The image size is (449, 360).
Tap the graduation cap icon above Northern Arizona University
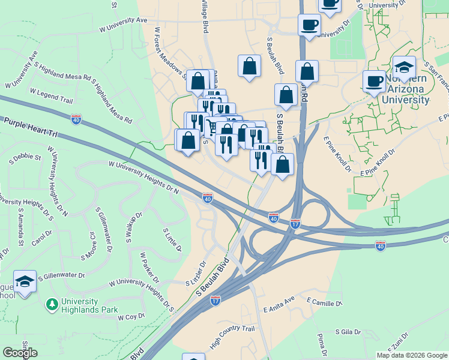(x=405, y=67)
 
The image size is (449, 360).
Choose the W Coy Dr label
(x=131, y=317)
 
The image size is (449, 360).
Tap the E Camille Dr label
(x=324, y=301)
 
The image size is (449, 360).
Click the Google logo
(x=20, y=353)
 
